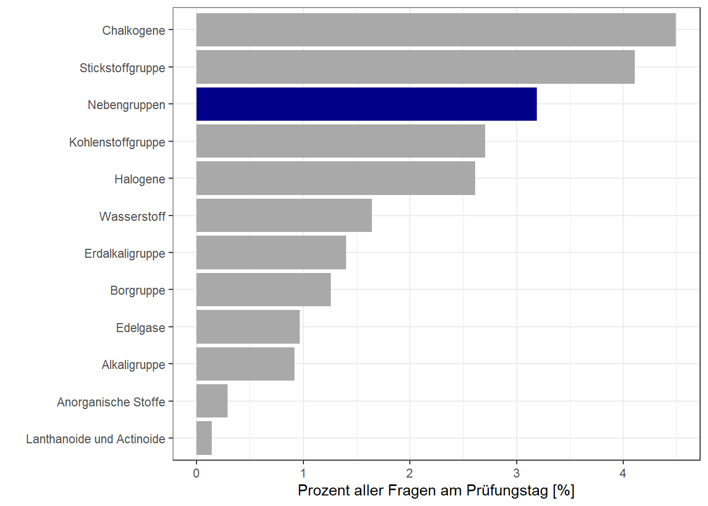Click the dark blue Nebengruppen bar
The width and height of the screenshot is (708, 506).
tap(366, 104)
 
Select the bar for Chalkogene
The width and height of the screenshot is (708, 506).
tap(436, 30)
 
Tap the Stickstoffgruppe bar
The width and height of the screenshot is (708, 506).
tap(415, 67)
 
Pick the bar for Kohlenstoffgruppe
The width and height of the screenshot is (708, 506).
tap(340, 141)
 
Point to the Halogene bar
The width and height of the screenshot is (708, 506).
tap(336, 178)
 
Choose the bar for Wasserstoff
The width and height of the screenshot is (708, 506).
tap(284, 216)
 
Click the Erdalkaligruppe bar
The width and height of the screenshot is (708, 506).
tap(271, 252)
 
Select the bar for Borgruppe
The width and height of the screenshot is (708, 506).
tap(263, 290)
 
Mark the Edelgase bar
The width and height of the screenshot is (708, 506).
tap(248, 327)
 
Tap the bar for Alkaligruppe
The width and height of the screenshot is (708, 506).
tap(245, 364)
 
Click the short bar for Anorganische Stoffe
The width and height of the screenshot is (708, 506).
tap(212, 401)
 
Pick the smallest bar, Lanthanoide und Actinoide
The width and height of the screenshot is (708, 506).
tap(204, 438)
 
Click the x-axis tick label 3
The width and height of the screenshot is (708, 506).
tap(516, 473)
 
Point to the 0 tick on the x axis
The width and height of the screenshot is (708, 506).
tap(196, 473)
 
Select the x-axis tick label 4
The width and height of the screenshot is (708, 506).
tap(623, 473)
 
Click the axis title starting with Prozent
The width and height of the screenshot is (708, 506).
tap(436, 491)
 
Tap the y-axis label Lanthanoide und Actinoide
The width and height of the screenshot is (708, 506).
tap(95, 439)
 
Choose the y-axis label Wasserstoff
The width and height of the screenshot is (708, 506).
tap(132, 217)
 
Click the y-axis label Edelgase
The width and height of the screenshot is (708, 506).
tap(140, 328)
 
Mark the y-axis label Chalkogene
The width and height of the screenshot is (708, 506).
tap(133, 31)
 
